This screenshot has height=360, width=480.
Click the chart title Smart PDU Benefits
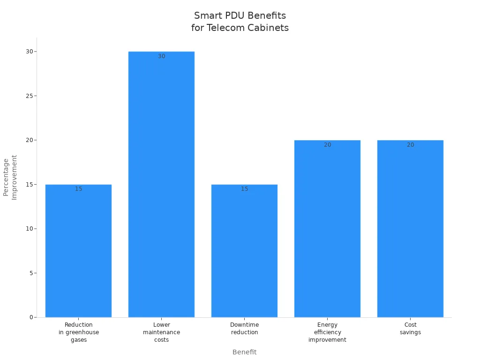pyautogui.click(x=240, y=16)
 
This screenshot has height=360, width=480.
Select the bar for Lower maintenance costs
pyautogui.click(x=161, y=187)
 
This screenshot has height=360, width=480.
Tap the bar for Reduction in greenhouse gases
pyautogui.click(x=78, y=253)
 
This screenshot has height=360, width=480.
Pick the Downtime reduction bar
pyautogui.click(x=244, y=253)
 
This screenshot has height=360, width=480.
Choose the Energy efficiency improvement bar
pyautogui.click(x=327, y=230)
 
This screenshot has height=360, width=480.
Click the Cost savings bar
pyautogui.click(x=410, y=230)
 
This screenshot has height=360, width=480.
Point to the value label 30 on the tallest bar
pyautogui.click(x=161, y=56)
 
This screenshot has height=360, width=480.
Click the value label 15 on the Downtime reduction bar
pyautogui.click(x=244, y=189)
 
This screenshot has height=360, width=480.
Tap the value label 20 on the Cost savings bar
pyautogui.click(x=410, y=145)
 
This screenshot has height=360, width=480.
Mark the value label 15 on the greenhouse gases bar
pyautogui.click(x=78, y=189)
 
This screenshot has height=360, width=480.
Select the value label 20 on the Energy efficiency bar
pyautogui.click(x=327, y=145)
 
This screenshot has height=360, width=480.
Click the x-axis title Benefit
pyautogui.click(x=244, y=352)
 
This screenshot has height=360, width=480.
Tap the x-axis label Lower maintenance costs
pyautogui.click(x=161, y=332)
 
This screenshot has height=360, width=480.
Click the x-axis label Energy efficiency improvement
pyautogui.click(x=327, y=332)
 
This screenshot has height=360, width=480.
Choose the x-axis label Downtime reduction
pyautogui.click(x=244, y=328)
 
